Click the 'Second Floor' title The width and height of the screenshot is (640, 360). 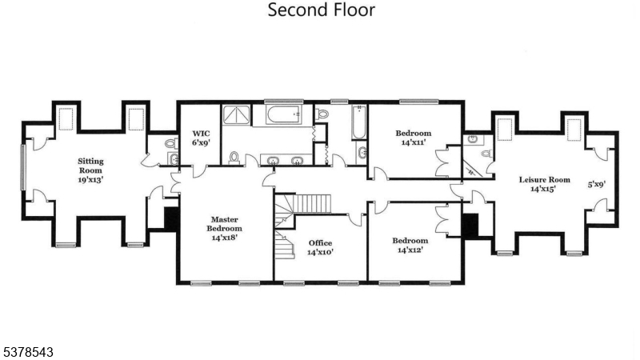[x=320, y=10]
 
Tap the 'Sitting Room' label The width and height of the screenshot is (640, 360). [x=90, y=170]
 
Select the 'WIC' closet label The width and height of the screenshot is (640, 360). [x=199, y=137]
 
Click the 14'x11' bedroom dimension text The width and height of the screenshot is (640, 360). [x=412, y=142]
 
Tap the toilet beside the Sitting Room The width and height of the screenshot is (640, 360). [x=170, y=144]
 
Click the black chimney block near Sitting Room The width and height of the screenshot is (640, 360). [x=170, y=218]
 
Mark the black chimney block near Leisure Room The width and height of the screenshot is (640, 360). [x=471, y=226]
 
